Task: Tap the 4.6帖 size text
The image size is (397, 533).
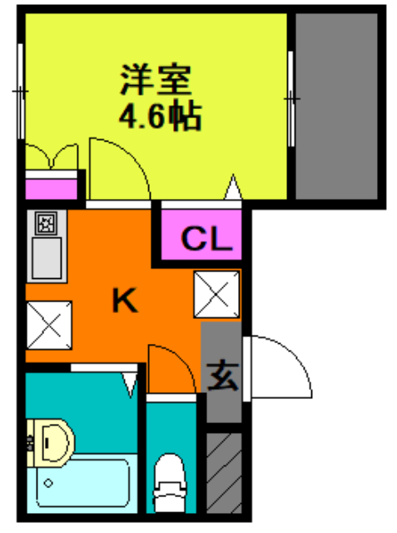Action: click(x=161, y=115)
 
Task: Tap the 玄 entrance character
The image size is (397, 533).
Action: click(x=222, y=376)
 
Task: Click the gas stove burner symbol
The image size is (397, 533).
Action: click(x=47, y=222)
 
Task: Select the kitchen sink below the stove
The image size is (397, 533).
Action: click(x=46, y=258)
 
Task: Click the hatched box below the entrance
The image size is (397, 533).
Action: click(x=223, y=473)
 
